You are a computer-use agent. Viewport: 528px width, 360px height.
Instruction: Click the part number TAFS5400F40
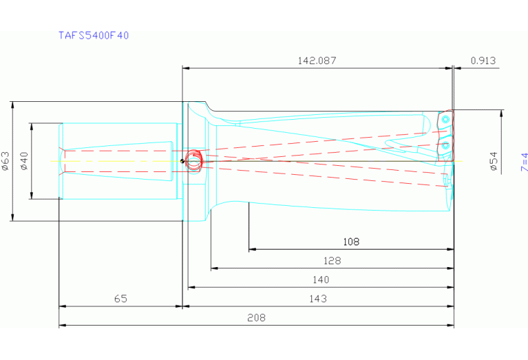[93, 35]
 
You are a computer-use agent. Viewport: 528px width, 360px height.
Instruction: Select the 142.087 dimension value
[317, 61]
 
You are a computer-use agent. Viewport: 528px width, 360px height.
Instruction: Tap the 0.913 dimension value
[483, 61]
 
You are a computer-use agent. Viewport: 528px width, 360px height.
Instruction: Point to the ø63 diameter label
[6, 161]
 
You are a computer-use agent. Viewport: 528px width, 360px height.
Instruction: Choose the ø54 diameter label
[493, 161]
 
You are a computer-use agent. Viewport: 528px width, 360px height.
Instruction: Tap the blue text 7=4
[524, 161]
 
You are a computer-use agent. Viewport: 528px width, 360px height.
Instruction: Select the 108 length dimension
[351, 242]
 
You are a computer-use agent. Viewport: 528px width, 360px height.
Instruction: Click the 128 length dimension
[332, 261]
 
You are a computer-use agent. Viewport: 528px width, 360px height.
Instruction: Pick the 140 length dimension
[321, 279]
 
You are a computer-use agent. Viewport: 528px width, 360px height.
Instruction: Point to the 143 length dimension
[318, 298]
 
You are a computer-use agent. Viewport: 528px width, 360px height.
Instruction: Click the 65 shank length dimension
[120, 298]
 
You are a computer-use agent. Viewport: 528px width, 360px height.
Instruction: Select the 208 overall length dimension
[256, 317]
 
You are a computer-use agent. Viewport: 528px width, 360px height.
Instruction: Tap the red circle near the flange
[193, 160]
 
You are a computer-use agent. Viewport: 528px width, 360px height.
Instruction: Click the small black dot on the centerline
[182, 162]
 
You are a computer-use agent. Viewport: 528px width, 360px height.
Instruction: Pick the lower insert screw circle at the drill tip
[446, 146]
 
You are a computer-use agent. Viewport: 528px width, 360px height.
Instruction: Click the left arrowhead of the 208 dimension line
[61, 325]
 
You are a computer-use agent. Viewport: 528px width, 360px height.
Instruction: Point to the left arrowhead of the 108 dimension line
[251, 249]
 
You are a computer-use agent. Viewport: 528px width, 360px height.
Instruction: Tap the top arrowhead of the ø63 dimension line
[13, 105]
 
